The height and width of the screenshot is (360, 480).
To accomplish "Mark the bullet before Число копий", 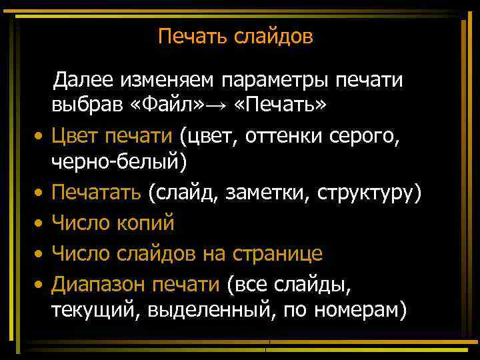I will pos(39,223).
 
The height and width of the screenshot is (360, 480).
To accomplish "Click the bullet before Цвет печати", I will pos(39,137).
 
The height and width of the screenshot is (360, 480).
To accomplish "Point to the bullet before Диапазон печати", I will pos(39,285).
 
